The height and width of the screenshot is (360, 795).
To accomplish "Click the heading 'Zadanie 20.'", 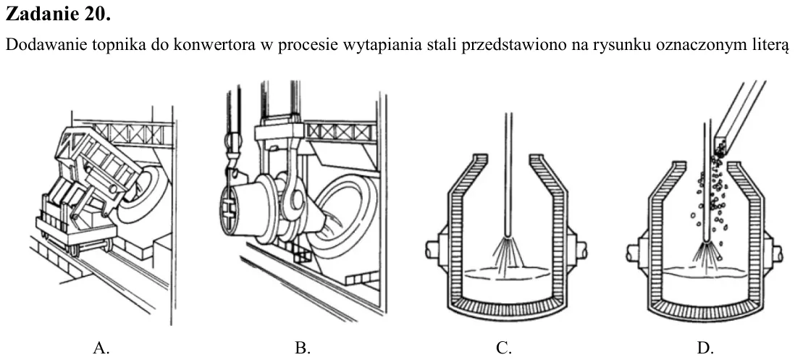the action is pyautogui.click(x=58, y=14).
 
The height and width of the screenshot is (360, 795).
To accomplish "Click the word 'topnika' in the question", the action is pyautogui.click(x=122, y=45).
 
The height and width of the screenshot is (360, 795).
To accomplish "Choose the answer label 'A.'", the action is pyautogui.click(x=101, y=348).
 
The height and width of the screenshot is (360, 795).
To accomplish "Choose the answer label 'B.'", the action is pyautogui.click(x=302, y=348).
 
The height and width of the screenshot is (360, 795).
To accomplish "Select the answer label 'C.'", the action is pyautogui.click(x=503, y=348).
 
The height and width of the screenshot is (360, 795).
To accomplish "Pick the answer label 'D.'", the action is pyautogui.click(x=705, y=348).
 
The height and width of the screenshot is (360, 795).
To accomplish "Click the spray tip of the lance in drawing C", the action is pyautogui.click(x=508, y=238).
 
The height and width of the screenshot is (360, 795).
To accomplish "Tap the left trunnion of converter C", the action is pyautogui.click(x=434, y=249).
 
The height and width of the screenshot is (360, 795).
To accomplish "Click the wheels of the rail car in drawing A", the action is pyautogui.click(x=91, y=248).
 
